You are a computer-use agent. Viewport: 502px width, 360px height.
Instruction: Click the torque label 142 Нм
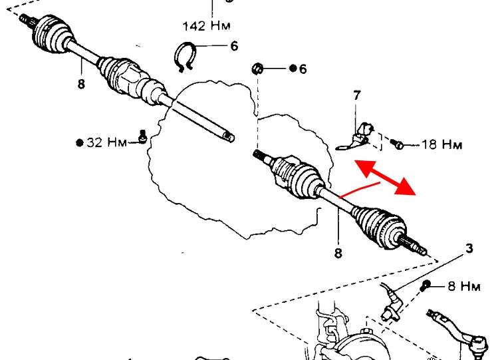pyautogui.click(x=206, y=27)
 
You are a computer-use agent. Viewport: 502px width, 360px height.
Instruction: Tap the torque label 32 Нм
pyautogui.click(x=106, y=142)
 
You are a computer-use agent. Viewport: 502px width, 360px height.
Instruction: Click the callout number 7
pyautogui.click(x=357, y=96)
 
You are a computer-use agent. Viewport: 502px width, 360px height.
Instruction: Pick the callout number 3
pyautogui.click(x=469, y=249)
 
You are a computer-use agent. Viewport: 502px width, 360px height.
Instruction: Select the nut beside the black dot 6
pyautogui.click(x=259, y=69)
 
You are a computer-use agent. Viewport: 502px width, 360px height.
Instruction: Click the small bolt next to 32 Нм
pyautogui.click(x=141, y=136)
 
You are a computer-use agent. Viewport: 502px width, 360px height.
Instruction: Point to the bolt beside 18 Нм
pyautogui.click(x=397, y=143)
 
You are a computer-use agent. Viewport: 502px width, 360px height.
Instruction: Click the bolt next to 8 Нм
pyautogui.click(x=426, y=287)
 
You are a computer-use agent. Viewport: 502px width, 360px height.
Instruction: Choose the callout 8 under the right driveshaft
pyautogui.click(x=338, y=253)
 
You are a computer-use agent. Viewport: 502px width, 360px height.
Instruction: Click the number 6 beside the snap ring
pyautogui.click(x=233, y=46)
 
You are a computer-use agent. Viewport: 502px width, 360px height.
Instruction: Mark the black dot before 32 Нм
pyautogui.click(x=80, y=142)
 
